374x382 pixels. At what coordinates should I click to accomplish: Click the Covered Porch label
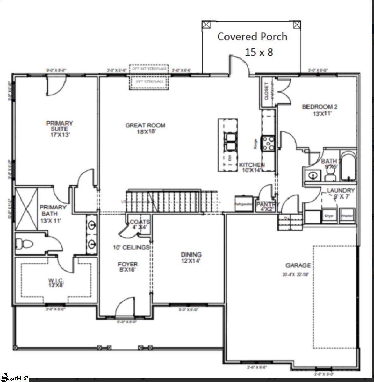pos(252,37)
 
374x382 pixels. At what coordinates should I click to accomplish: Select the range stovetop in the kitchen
pos(268,143)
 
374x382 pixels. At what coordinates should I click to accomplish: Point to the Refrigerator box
pos(244,204)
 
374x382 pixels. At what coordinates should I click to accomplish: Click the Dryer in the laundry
pos(329,216)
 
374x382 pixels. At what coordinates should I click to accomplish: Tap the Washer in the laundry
pos(347,216)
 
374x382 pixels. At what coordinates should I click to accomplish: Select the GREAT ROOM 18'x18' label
pos(145,128)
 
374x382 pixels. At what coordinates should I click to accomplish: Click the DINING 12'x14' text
pos(191,258)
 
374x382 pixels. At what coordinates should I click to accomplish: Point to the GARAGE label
pos(298,265)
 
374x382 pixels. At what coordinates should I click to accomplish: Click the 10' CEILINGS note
pos(131,247)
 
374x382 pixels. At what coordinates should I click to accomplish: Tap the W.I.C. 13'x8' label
pos(56,283)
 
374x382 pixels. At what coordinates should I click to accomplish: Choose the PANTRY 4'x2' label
pos(268,206)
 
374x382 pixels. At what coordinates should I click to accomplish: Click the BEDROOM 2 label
pos(320,110)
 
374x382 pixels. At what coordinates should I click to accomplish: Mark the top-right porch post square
pos(297,25)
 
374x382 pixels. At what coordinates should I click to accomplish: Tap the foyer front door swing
pos(125,307)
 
